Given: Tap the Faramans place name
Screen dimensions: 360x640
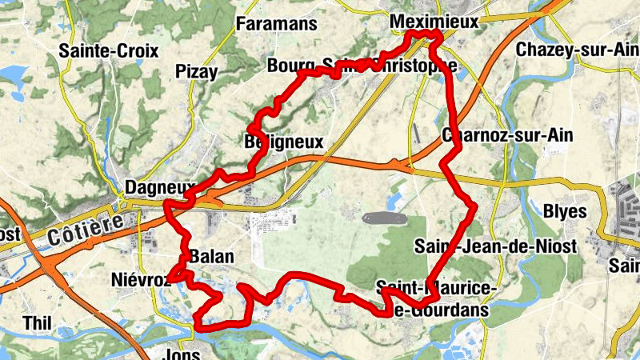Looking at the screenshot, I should point(277,24).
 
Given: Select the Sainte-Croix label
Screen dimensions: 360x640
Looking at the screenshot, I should point(109,50).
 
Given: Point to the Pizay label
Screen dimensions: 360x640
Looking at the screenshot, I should point(196,72).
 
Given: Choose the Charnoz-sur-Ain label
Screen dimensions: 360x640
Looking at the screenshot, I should point(507,135).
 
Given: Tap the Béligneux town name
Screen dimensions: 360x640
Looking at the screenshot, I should point(283,142).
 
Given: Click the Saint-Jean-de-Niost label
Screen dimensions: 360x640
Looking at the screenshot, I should point(495,246).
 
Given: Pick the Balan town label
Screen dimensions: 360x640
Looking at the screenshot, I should point(212,257).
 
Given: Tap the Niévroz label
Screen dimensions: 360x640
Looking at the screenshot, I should point(141,280).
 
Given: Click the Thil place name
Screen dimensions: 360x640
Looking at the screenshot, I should point(38,322).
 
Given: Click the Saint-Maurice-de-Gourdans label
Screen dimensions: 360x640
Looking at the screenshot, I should point(437,298).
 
